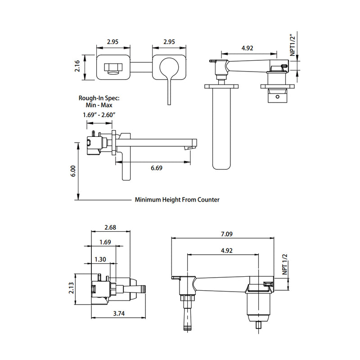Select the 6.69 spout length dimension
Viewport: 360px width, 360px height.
157,168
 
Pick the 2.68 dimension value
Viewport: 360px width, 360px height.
110,228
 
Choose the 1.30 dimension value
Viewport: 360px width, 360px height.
101,259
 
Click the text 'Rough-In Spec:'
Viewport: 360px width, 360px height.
100,97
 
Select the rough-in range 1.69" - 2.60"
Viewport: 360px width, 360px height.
100,115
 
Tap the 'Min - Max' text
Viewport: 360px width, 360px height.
100,104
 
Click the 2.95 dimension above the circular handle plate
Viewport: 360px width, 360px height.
169,42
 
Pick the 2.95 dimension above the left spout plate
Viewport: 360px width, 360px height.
112,42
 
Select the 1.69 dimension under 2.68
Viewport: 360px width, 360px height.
105,243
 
